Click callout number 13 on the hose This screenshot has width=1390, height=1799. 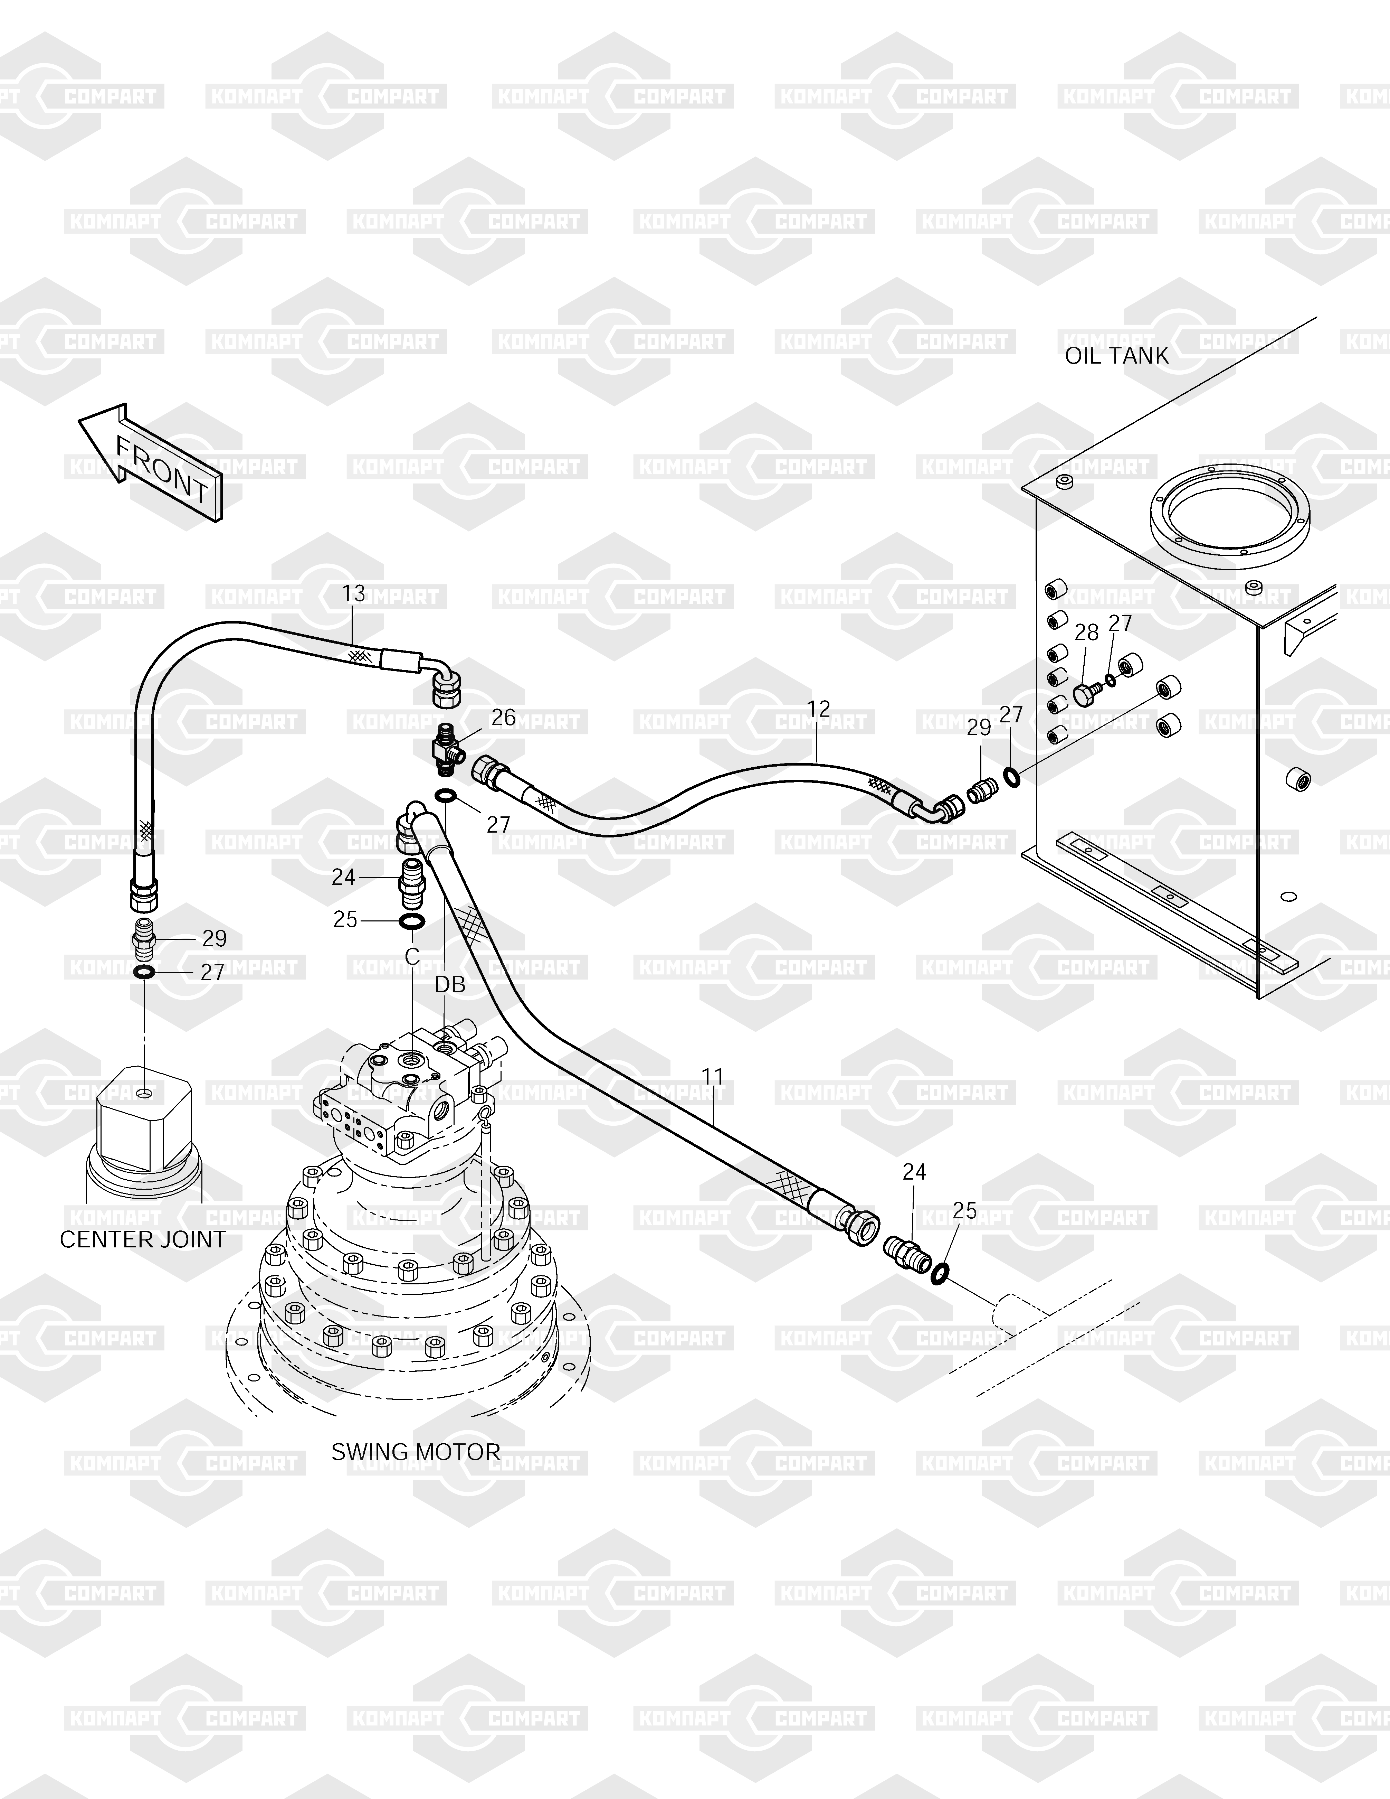(x=353, y=593)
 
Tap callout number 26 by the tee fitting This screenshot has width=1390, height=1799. (x=503, y=718)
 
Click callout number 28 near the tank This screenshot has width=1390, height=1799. (x=1086, y=633)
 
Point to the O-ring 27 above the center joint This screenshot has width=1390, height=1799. (x=144, y=973)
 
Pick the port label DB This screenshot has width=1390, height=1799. (x=450, y=984)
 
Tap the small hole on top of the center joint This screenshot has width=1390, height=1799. (x=145, y=1093)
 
